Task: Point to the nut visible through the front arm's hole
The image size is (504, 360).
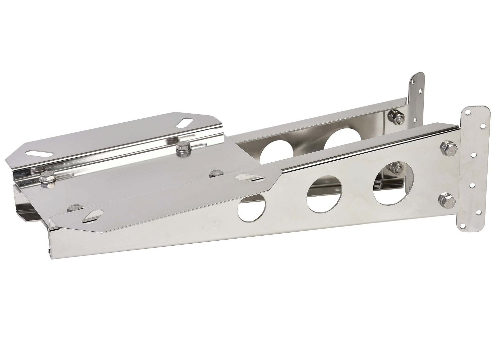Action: click(397, 168)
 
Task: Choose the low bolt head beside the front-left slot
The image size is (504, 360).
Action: click(72, 207)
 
